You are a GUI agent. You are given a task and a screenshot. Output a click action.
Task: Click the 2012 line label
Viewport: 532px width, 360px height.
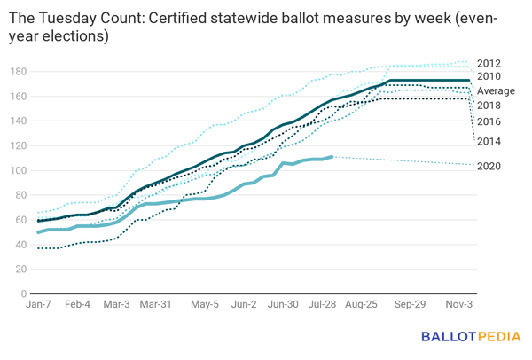click(x=489, y=63)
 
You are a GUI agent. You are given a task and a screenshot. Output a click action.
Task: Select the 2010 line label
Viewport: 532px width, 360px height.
click(x=489, y=77)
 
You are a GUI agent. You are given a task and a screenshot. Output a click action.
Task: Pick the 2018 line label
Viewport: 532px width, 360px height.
click(x=489, y=106)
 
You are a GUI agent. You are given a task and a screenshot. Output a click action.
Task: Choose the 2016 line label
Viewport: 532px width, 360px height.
click(x=489, y=121)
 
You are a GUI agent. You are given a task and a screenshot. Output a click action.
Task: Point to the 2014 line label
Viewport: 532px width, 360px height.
click(x=489, y=141)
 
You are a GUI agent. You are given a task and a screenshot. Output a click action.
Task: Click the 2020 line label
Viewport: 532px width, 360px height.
click(x=489, y=166)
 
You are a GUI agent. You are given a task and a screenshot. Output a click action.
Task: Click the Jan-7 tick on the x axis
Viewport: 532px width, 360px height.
click(x=40, y=304)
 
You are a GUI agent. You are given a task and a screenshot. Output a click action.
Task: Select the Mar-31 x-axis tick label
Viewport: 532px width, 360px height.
click(x=156, y=304)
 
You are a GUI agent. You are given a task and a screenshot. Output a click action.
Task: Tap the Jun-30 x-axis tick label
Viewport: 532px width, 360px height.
click(x=283, y=304)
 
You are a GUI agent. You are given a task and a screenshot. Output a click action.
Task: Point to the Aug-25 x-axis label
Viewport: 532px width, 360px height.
click(x=361, y=304)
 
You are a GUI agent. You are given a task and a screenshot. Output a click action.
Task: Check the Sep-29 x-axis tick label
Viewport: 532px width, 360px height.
click(x=410, y=304)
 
